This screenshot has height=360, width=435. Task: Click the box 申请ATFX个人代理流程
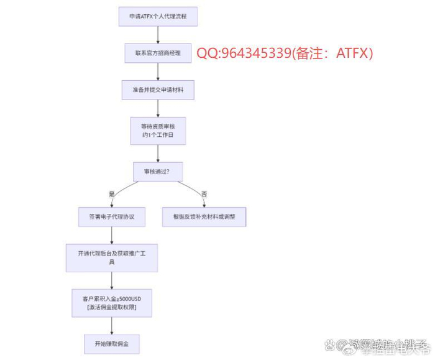158,17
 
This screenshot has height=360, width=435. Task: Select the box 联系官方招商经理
158,53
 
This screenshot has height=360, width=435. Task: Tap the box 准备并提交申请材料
158,90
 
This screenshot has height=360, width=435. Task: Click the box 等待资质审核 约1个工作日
158,130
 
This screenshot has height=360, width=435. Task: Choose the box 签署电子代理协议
112,216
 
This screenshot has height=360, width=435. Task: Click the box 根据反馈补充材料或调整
204,216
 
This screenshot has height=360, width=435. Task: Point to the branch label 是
112,194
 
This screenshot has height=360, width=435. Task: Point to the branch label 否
204,194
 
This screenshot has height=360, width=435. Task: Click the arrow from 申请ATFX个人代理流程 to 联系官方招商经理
158,35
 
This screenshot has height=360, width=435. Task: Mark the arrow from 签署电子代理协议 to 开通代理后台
112,234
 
